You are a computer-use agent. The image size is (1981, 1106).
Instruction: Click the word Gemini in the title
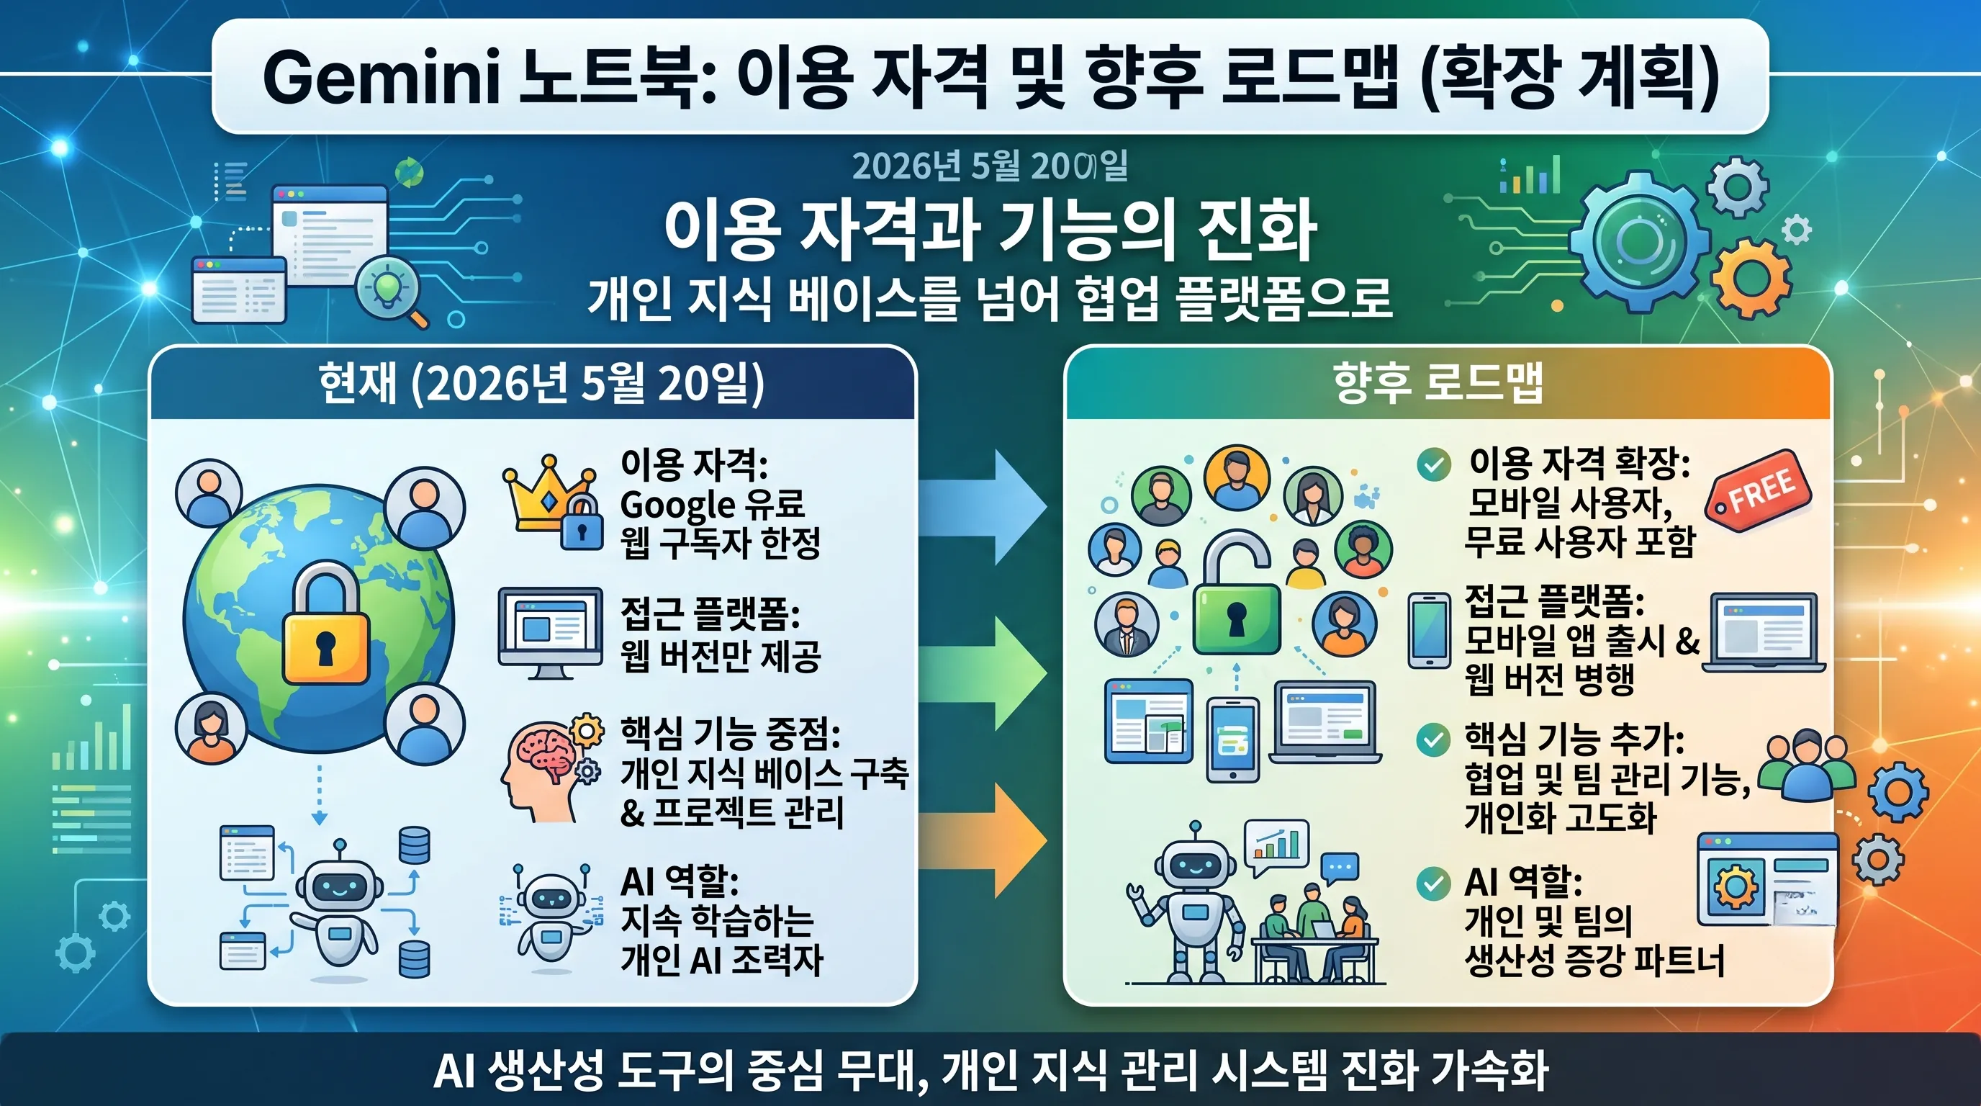click(381, 77)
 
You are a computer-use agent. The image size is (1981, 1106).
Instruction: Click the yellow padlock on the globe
click(325, 623)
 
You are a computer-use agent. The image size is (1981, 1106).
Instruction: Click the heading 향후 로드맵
click(1438, 382)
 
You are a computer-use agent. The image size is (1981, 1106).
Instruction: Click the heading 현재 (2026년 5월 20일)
click(541, 382)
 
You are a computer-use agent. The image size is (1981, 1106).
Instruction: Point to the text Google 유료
click(712, 505)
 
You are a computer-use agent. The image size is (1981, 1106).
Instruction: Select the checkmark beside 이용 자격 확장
click(1433, 464)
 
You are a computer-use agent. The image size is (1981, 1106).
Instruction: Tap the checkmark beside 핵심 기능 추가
click(1433, 740)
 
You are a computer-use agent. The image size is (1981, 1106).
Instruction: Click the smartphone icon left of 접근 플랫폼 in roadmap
click(1429, 630)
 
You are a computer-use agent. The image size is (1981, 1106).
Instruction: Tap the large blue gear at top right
click(1638, 241)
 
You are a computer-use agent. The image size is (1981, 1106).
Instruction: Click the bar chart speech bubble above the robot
click(1276, 845)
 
